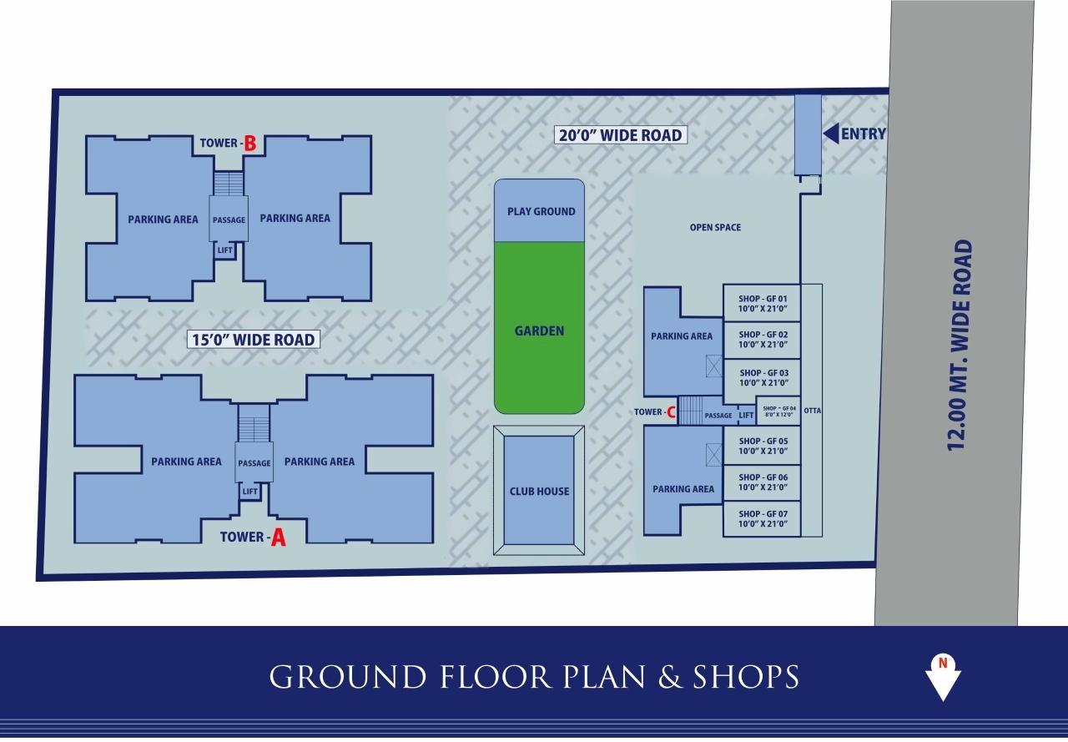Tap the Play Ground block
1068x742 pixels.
click(539, 210)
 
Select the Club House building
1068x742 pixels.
click(539, 491)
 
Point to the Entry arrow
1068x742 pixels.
click(832, 134)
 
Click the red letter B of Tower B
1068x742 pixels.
click(249, 144)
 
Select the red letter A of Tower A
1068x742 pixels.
click(278, 538)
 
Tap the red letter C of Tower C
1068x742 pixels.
click(671, 412)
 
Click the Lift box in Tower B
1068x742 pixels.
click(225, 250)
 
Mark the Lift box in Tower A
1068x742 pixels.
click(250, 492)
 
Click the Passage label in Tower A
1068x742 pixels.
click(254, 463)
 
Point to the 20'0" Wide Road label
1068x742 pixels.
click(620, 134)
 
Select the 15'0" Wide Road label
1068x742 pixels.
click(253, 339)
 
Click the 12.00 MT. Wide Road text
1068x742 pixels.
click(961, 345)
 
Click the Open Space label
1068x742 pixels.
click(715, 227)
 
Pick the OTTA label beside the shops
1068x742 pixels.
click(812, 411)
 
